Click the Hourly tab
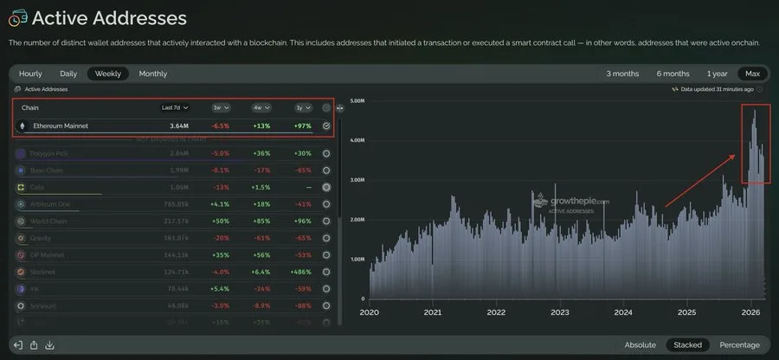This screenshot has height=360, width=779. (30, 74)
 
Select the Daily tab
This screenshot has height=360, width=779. (68, 74)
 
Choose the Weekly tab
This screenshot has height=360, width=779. (108, 74)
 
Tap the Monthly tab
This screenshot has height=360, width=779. (153, 74)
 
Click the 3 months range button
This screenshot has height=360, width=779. (623, 74)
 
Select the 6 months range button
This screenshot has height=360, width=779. (673, 74)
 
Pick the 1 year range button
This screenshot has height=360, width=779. (717, 74)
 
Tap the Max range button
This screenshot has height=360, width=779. (751, 74)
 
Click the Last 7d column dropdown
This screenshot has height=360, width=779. (175, 108)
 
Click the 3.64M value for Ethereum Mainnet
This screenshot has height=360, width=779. (179, 126)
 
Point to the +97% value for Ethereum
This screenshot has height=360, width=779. (302, 126)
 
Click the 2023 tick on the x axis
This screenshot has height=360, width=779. (560, 312)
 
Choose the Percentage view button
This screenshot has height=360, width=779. (739, 344)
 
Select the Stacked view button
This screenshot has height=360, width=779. (688, 344)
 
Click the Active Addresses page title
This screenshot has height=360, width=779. (110, 17)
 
